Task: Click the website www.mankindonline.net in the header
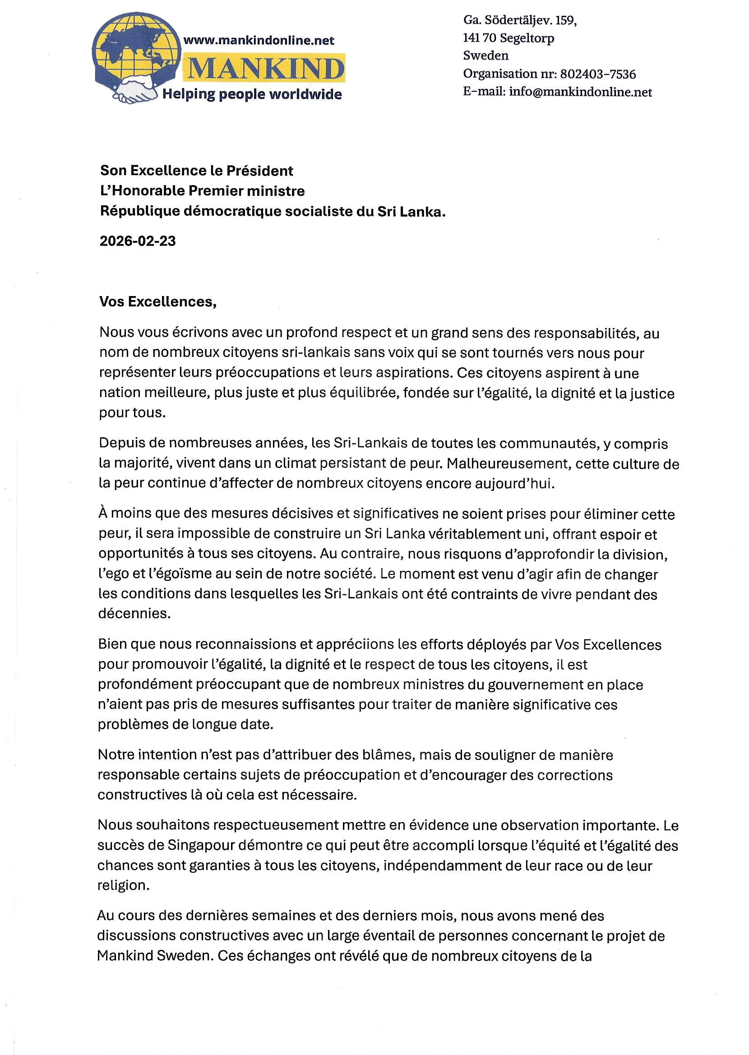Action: coord(259,41)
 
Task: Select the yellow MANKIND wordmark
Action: coord(265,69)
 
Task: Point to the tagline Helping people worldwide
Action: coord(252,94)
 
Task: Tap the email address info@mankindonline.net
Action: coord(580,92)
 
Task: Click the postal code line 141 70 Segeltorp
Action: coord(508,38)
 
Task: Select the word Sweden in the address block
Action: coord(485,56)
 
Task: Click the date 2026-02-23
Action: coord(138,241)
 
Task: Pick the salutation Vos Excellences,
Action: coord(158,302)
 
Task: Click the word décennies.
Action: coord(134,614)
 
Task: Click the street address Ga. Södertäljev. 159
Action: coord(520,21)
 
